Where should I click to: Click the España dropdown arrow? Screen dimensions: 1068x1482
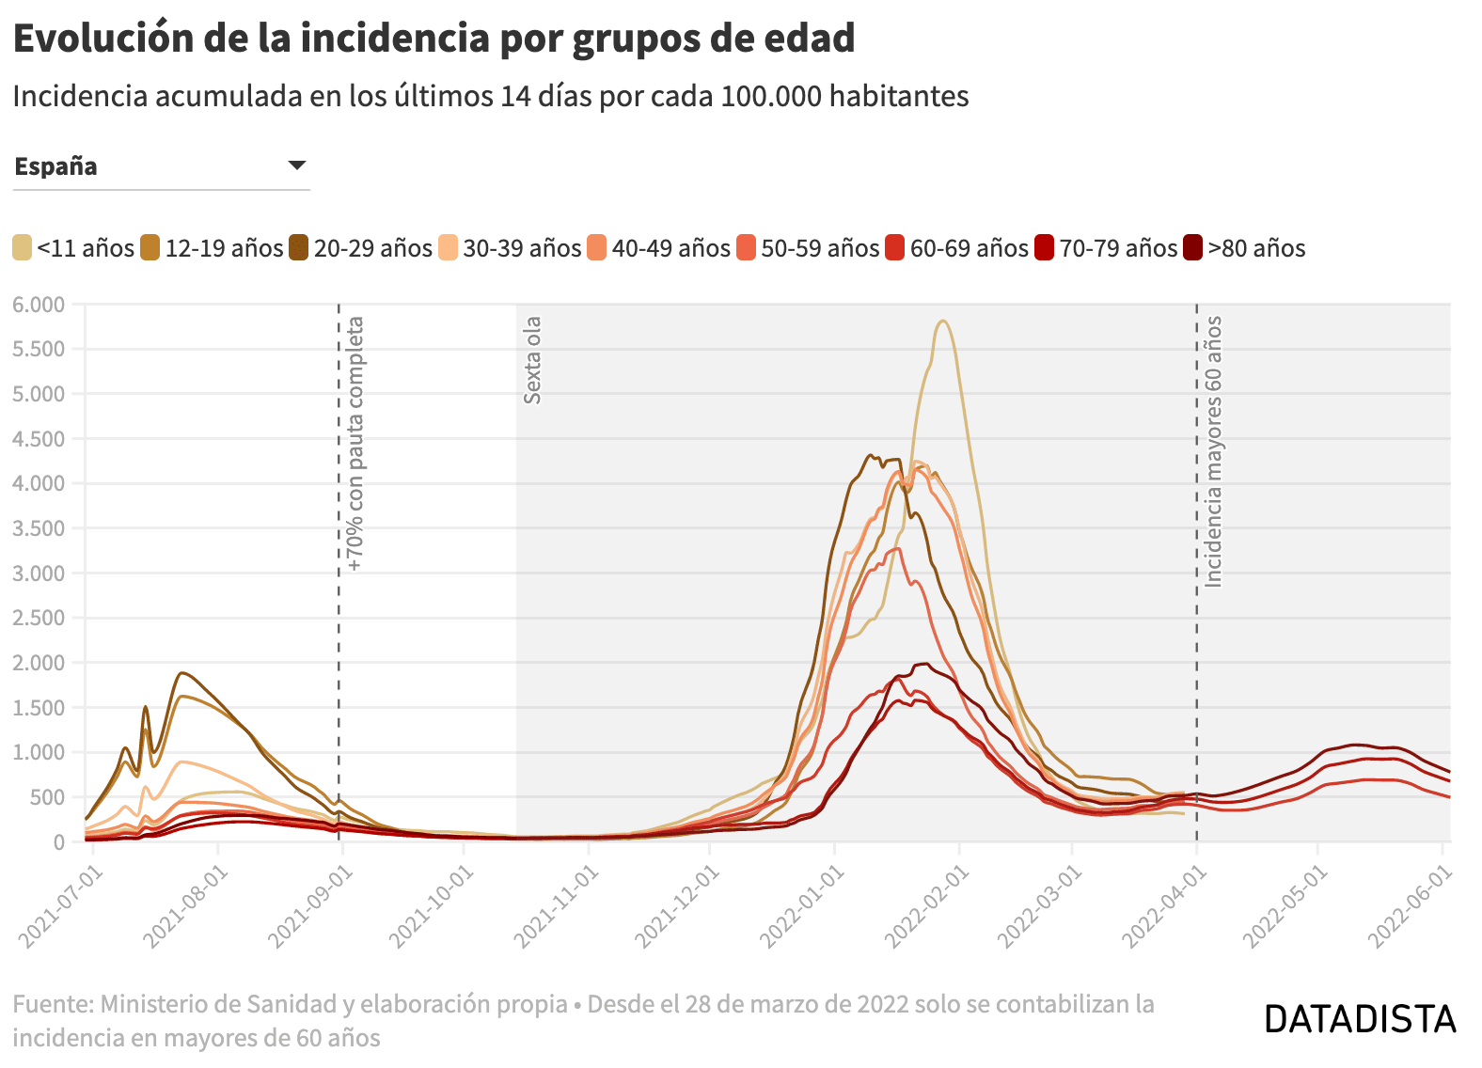pos(297,165)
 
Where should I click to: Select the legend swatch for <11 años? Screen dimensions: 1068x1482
pos(22,248)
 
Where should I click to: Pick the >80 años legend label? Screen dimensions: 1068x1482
pos(1256,248)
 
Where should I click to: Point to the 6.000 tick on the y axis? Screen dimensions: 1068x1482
pos(39,305)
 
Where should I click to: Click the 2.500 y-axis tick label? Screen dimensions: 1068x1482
pos(39,618)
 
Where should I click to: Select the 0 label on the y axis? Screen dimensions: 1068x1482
pos(59,842)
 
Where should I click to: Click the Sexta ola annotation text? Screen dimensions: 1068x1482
pos(532,360)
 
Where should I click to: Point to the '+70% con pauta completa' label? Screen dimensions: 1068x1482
pos(355,444)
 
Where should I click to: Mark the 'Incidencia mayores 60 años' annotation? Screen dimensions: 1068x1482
pos(1213,451)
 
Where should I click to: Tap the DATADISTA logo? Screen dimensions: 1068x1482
pos(1360,1019)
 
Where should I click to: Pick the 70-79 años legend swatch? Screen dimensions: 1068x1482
pos(1044,248)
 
